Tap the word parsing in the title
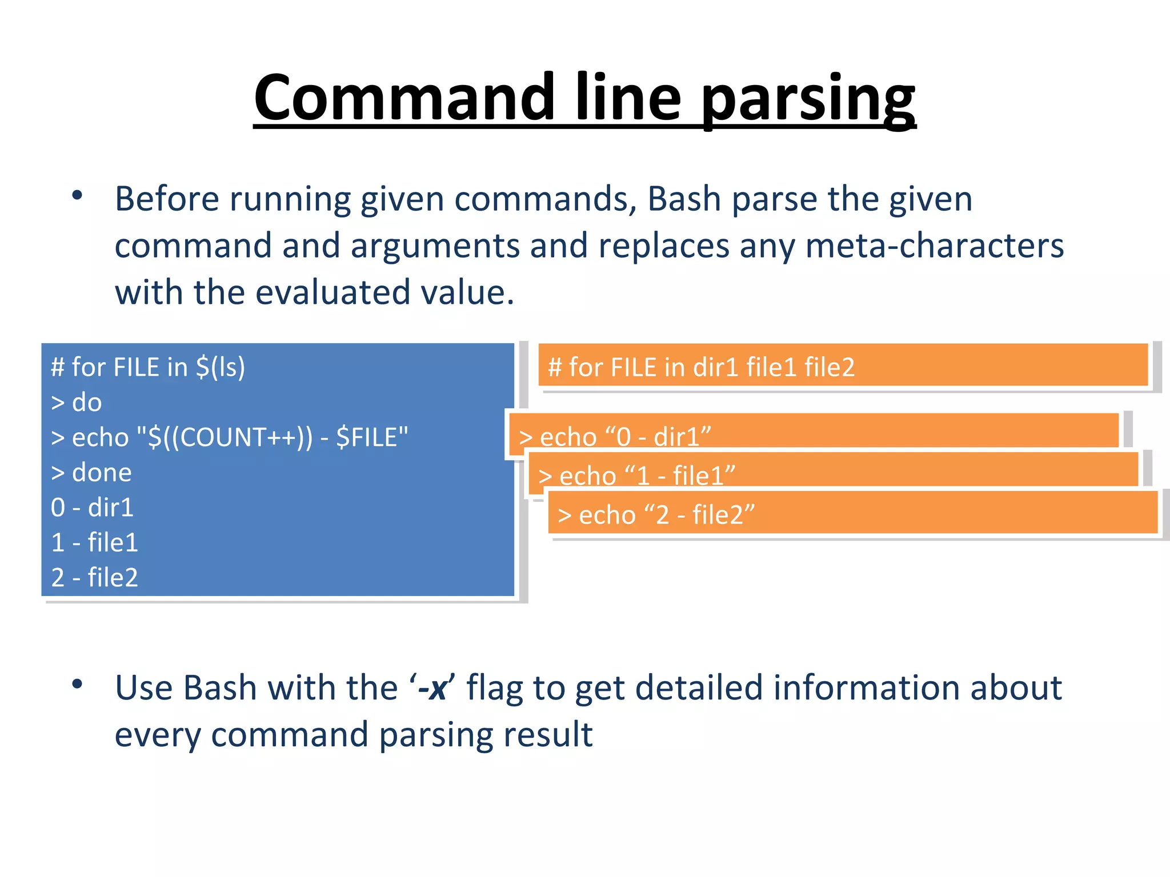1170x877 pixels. pyautogui.click(x=808, y=100)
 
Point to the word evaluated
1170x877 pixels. pyautogui.click(x=332, y=292)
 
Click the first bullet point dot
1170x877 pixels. pyautogui.click(x=77, y=196)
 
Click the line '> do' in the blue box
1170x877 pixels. pyautogui.click(x=76, y=403)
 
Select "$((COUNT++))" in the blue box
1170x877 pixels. pyautogui.click(x=225, y=438)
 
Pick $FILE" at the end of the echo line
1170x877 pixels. pyautogui.click(x=372, y=438)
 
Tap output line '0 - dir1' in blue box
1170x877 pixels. pyautogui.click(x=92, y=508)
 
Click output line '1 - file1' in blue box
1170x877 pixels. pyautogui.click(x=94, y=542)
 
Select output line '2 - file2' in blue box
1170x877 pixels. pyautogui.click(x=94, y=577)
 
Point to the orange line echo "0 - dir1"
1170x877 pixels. pyautogui.click(x=615, y=437)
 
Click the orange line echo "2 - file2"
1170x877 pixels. pyautogui.click(x=656, y=515)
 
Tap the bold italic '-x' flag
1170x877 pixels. pyautogui.click(x=431, y=688)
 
